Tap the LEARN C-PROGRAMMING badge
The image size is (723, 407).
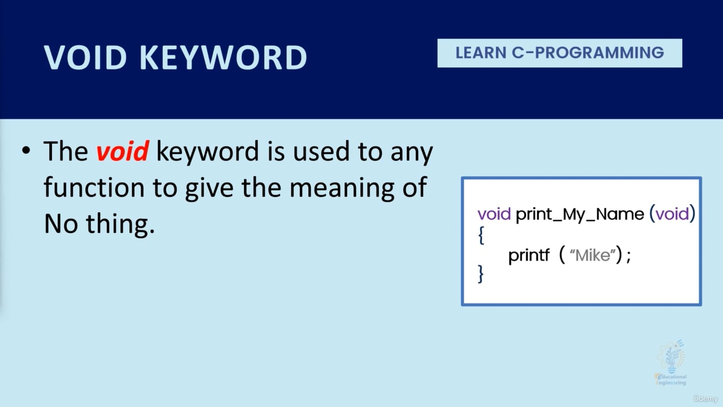pyautogui.click(x=560, y=53)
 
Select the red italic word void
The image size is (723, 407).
pyautogui.click(x=122, y=151)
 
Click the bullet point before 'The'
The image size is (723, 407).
pyautogui.click(x=25, y=152)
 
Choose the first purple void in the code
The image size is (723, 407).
pyautogui.click(x=494, y=214)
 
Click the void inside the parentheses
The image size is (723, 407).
pyautogui.click(x=672, y=214)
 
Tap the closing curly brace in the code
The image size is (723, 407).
pyautogui.click(x=481, y=274)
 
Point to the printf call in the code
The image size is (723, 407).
pyautogui.click(x=529, y=256)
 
